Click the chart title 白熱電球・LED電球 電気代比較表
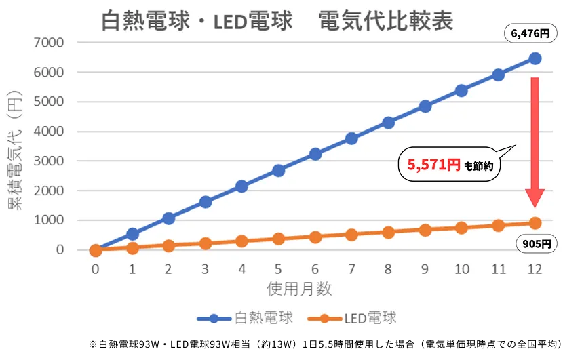[x=277, y=22]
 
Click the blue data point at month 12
[x=535, y=58]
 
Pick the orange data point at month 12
[x=535, y=223]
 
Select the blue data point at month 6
[x=315, y=154]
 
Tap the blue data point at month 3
[x=206, y=202]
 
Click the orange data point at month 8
[x=388, y=233]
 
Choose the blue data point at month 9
[x=425, y=106]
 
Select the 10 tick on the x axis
[x=461, y=269]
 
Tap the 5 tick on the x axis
[x=278, y=269]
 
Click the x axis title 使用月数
[x=299, y=289]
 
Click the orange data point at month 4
[x=241, y=241]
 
